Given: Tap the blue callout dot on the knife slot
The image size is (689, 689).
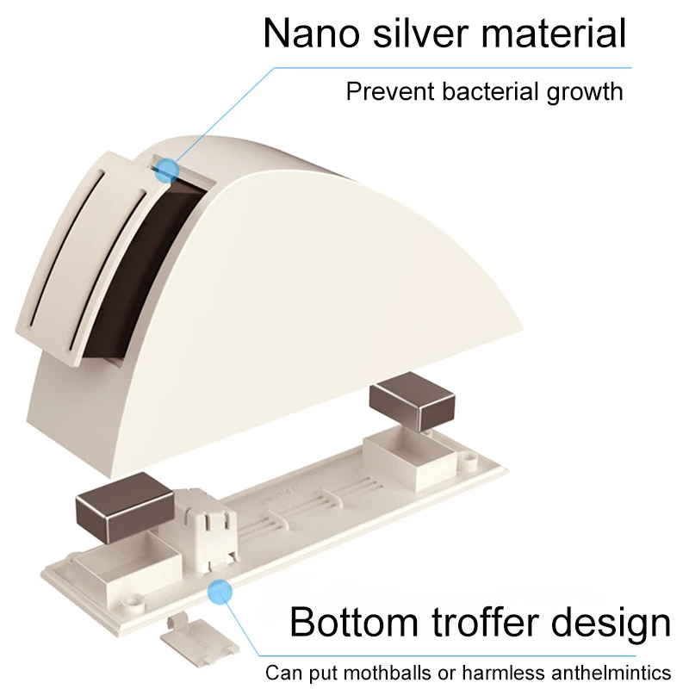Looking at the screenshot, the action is [x=166, y=169].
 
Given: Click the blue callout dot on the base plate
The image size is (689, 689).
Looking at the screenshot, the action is [x=221, y=591].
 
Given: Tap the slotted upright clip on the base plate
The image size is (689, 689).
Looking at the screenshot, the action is [x=208, y=528].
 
